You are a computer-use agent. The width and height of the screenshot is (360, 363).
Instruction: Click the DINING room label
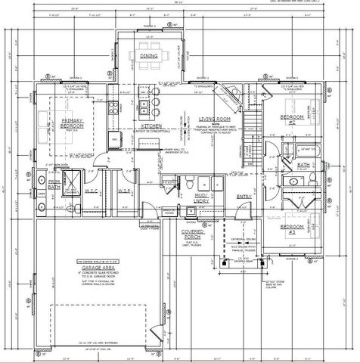click(150, 57)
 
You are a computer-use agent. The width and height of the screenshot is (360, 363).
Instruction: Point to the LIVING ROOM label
click(214, 119)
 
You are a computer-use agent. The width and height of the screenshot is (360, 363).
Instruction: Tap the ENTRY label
click(244, 197)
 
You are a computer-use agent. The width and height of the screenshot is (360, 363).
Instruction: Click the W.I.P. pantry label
click(126, 191)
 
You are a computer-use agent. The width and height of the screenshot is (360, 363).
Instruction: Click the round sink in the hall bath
click(293, 182)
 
